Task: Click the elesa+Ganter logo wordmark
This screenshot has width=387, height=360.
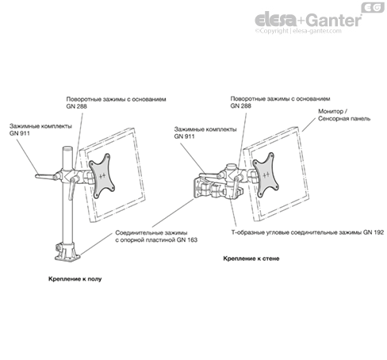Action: [x=308, y=20]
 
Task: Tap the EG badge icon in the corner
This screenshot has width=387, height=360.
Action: [x=373, y=8]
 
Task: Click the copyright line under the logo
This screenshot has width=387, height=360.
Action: [x=298, y=31]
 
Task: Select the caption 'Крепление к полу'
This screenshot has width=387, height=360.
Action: [x=75, y=279]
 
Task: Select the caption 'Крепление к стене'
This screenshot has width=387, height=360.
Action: [x=251, y=259]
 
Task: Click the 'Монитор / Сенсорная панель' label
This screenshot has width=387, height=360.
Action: [x=344, y=115]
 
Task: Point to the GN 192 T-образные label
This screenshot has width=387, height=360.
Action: [x=308, y=232]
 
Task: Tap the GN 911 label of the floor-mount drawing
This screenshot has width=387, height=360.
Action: [x=40, y=130]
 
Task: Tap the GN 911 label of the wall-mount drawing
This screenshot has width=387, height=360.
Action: [x=205, y=133]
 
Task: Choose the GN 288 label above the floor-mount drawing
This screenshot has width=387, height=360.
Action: [x=116, y=102]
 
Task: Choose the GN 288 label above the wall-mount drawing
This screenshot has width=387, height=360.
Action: [x=280, y=102]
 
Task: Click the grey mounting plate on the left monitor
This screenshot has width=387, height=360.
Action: [x=102, y=176]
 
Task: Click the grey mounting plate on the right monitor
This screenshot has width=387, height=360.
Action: [x=266, y=174]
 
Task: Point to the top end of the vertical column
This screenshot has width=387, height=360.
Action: [x=67, y=148]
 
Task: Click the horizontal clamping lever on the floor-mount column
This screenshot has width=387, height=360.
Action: [x=45, y=176]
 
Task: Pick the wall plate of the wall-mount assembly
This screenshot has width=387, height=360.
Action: [x=197, y=188]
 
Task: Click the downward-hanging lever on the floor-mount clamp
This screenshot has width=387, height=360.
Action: [x=71, y=189]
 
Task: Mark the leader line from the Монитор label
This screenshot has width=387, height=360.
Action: [x=308, y=124]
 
